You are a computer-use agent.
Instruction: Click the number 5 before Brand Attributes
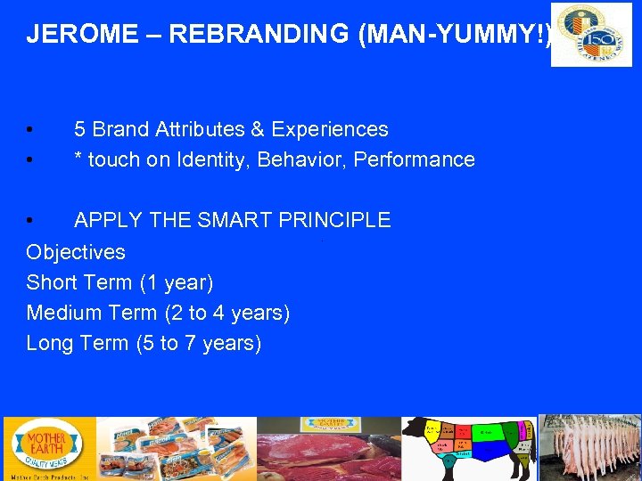pos(80,130)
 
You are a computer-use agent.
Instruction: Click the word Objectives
pos(76,252)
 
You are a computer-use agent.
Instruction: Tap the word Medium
pos(62,314)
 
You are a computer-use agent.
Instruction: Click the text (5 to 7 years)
pos(198,344)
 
